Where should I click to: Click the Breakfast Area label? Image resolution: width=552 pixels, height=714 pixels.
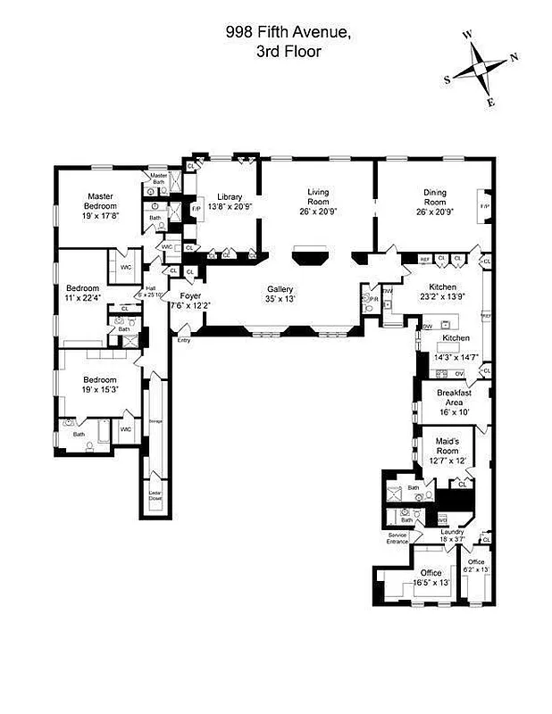click(x=454, y=398)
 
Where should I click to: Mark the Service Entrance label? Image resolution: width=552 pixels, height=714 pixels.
click(x=397, y=538)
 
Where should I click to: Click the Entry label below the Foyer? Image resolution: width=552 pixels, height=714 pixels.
click(x=183, y=340)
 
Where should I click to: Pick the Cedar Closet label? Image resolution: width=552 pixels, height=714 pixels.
click(x=154, y=495)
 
